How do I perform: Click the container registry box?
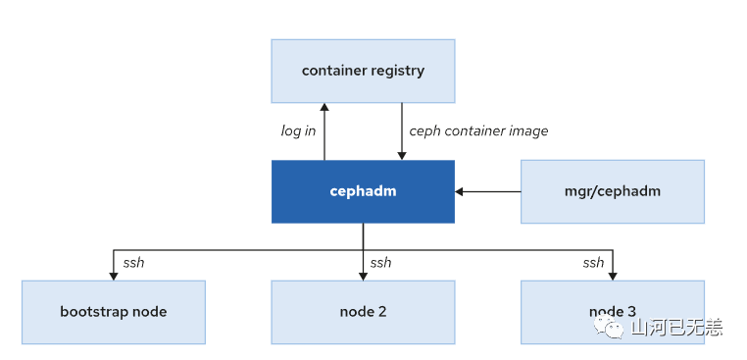(363, 71)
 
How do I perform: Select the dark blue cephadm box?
(363, 190)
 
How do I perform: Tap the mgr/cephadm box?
(613, 190)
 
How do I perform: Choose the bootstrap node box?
(113, 312)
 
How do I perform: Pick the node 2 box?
(363, 312)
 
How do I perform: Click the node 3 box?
(613, 312)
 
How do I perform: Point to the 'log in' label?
(298, 130)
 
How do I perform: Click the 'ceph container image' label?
(477, 130)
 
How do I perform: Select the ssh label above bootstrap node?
(134, 262)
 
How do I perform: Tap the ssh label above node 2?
(380, 262)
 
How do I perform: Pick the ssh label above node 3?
(593, 262)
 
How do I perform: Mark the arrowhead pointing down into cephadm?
(401, 154)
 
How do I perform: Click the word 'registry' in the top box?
(397, 71)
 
